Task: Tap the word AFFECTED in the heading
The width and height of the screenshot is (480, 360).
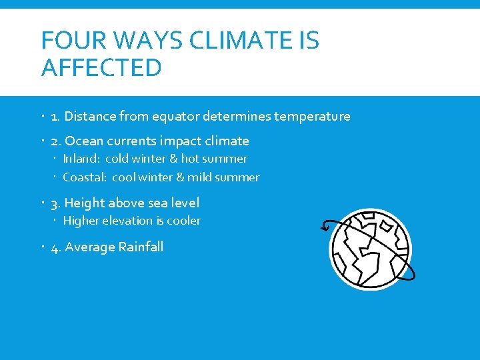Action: pos(101,67)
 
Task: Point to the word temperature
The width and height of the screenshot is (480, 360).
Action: pos(310,117)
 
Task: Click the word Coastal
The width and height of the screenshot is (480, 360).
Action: pos(84,177)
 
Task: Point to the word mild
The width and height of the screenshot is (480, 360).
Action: pos(199,177)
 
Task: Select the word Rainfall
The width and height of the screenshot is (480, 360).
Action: pos(141,247)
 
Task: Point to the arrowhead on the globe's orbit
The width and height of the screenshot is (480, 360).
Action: pos(325,227)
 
